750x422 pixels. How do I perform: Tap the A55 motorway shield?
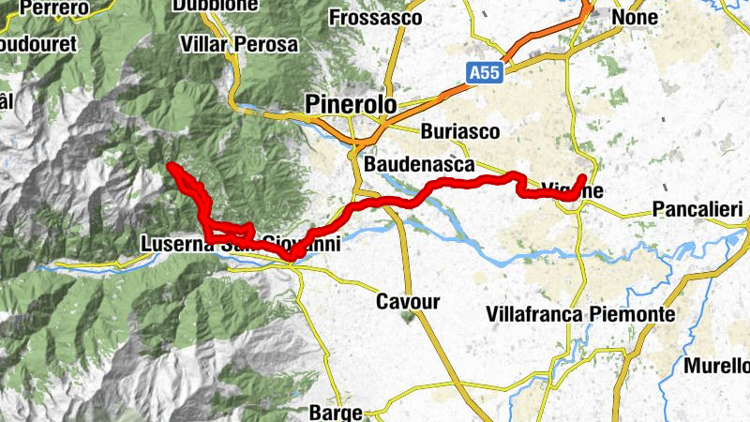click(484, 70)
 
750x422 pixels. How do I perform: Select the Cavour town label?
click(407, 302)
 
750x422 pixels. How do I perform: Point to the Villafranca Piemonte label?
click(581, 315)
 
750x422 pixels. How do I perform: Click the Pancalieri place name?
click(697, 208)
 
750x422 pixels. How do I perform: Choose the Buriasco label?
click(460, 131)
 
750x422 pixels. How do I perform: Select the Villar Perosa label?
click(239, 44)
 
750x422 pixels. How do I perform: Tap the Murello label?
click(717, 366)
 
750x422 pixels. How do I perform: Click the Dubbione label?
click(214, 5)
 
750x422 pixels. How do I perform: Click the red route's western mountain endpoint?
click(170, 167)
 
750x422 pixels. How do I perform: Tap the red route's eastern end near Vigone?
click(582, 177)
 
